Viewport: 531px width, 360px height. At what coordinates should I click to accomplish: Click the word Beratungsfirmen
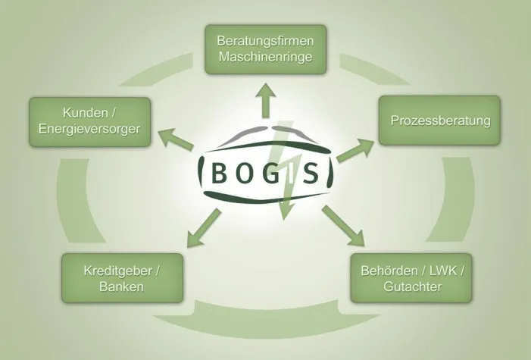(x=265, y=41)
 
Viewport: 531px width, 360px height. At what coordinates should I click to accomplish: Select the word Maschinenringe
(x=265, y=56)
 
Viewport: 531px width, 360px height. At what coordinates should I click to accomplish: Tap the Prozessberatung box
(x=439, y=121)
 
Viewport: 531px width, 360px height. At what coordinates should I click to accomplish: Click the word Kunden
(x=85, y=112)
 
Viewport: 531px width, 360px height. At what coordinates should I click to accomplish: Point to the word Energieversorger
(x=89, y=129)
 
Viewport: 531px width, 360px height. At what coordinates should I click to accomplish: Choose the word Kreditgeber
(x=117, y=271)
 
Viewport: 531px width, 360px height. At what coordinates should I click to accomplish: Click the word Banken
(x=121, y=286)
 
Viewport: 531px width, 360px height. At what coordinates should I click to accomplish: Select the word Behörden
(x=389, y=271)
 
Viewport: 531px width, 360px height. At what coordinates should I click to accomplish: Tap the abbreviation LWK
(x=444, y=271)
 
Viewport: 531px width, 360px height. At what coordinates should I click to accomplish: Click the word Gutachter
(x=413, y=286)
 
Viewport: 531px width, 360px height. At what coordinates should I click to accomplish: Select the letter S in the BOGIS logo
(x=311, y=173)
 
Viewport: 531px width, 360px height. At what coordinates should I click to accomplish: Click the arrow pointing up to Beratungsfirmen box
(x=266, y=101)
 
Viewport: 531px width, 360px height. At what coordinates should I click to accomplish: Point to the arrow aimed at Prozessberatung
(x=355, y=150)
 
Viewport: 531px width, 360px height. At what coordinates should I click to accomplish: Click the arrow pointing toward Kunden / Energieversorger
(x=176, y=139)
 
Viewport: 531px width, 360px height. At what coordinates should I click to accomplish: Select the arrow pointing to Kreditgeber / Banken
(x=204, y=228)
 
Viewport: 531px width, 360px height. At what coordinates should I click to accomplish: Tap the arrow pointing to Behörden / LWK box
(x=343, y=226)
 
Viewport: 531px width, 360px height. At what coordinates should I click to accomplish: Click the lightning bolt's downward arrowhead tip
(x=284, y=221)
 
